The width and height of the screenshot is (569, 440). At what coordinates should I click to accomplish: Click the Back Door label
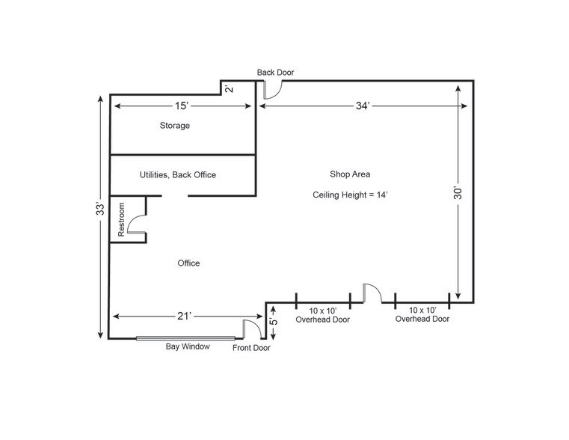275,73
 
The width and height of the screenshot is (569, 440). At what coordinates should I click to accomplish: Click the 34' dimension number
363,106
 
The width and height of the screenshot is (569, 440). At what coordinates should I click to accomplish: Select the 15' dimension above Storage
182,106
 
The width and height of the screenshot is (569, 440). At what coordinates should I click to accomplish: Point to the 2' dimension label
230,88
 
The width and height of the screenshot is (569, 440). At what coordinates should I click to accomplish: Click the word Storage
175,125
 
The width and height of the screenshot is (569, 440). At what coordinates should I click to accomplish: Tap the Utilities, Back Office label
178,174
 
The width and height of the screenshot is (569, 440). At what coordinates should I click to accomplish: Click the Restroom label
121,220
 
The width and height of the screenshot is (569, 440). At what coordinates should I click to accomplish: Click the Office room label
188,263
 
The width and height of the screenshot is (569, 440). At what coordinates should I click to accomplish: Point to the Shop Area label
350,174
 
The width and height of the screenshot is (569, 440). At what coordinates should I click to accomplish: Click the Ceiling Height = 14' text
350,195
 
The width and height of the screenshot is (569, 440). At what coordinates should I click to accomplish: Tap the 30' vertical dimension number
458,193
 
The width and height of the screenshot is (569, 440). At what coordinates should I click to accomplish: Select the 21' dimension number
184,317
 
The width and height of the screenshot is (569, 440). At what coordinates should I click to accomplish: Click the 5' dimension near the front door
273,321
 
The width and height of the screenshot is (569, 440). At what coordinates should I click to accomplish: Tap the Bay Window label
188,346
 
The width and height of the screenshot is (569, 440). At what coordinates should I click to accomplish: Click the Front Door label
251,348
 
